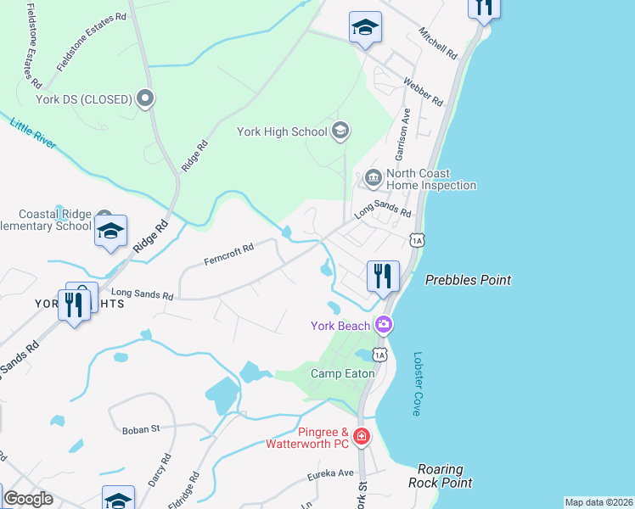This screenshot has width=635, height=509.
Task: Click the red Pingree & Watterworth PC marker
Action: (x=362, y=437)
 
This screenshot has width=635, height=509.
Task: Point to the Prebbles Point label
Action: (x=469, y=280)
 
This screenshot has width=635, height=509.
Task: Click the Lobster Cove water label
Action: (x=417, y=383)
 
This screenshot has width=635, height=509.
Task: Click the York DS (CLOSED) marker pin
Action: (x=145, y=99)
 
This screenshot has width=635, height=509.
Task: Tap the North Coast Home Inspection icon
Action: (x=372, y=178)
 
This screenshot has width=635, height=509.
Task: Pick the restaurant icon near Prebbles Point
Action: (x=383, y=276)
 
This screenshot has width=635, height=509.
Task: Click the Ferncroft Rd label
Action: (x=229, y=255)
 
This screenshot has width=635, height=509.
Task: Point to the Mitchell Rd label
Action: (x=438, y=42)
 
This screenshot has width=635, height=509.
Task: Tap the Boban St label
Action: (x=141, y=429)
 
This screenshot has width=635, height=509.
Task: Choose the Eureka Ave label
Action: (x=334, y=473)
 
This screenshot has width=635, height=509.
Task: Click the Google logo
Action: (x=28, y=499)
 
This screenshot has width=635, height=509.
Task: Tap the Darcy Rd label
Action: (x=160, y=469)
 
